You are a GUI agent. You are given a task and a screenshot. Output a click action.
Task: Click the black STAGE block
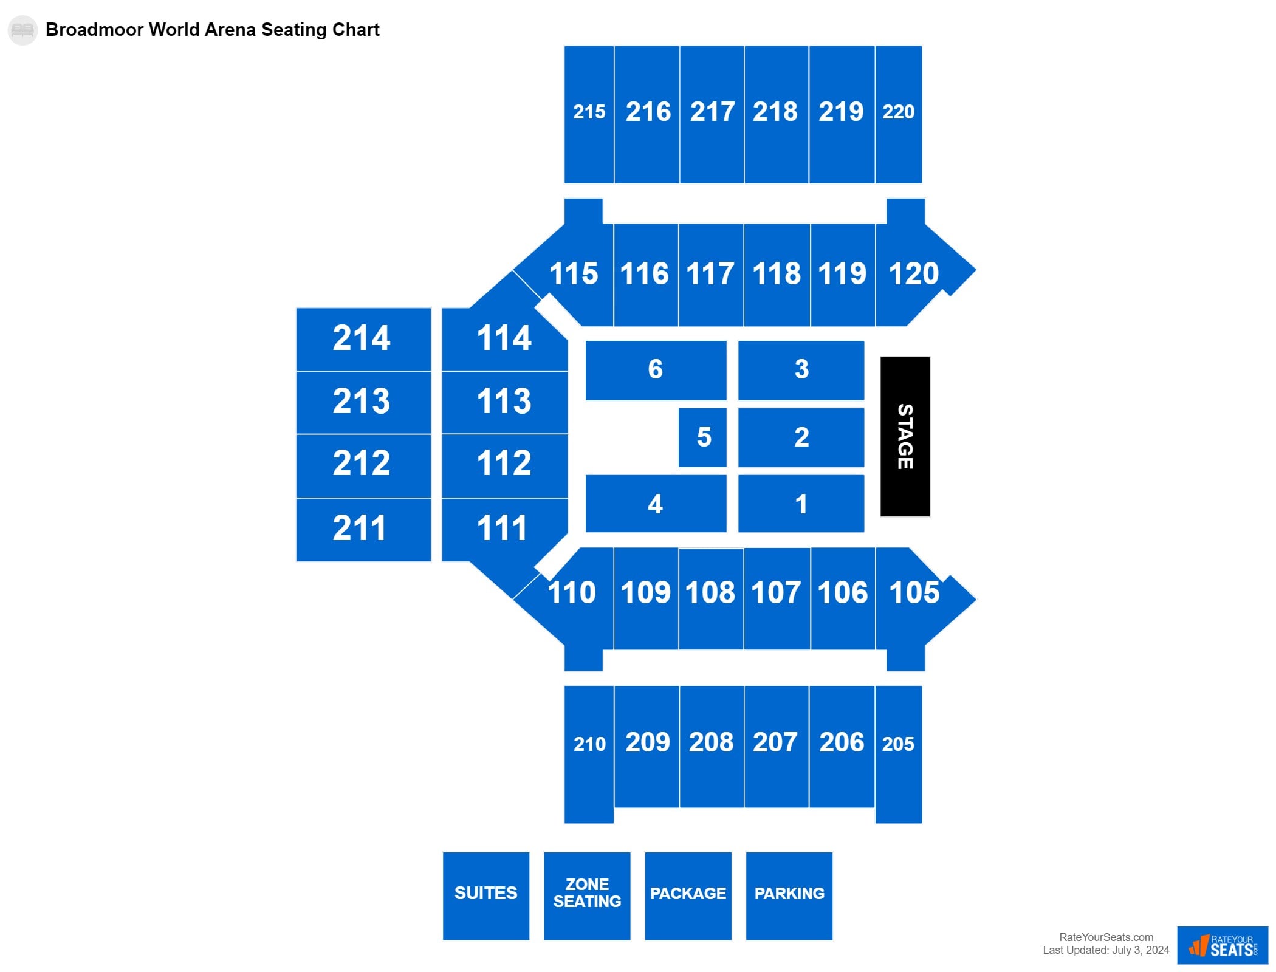click(905, 436)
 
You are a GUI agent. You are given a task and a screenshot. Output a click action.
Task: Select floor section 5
click(702, 437)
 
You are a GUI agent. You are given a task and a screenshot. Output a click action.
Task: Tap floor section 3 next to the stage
click(801, 370)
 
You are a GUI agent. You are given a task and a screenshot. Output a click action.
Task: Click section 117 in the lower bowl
click(710, 274)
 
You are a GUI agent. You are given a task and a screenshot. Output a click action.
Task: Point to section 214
click(363, 339)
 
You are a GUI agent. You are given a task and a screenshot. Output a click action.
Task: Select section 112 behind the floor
click(504, 464)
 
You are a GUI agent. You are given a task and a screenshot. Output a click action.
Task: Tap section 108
click(710, 594)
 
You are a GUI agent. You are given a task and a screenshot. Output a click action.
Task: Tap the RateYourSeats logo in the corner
click(1222, 945)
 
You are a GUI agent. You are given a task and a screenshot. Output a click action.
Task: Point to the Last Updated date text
click(1105, 950)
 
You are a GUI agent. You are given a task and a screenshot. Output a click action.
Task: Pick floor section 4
click(655, 504)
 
